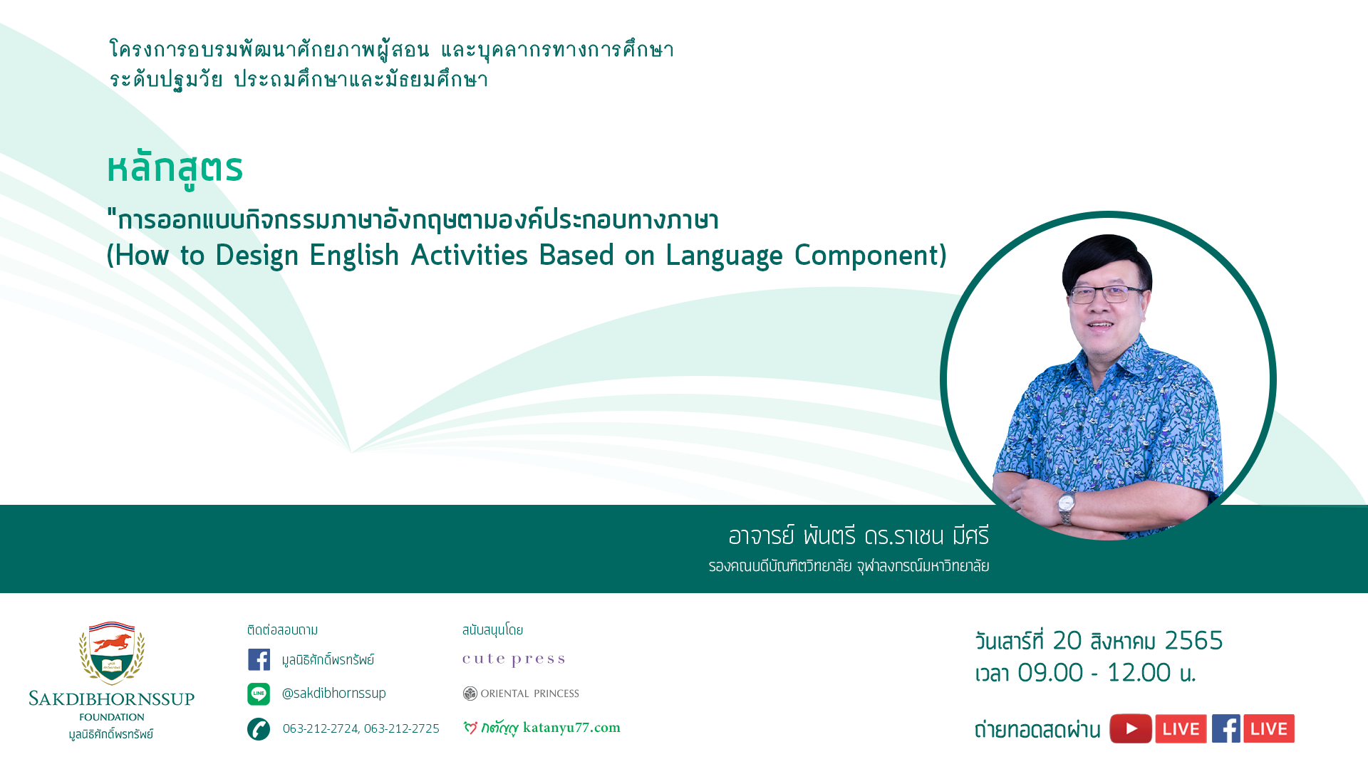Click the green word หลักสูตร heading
175,169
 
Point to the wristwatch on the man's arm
1067,506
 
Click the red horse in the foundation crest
113,642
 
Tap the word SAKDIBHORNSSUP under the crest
112,699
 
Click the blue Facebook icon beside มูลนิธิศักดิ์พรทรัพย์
259,659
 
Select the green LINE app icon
259,694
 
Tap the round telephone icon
259,729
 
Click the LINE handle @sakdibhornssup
334,694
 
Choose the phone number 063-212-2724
321,728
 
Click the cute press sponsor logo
514,659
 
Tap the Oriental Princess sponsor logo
521,694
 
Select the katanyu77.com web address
571,728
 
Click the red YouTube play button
1131,728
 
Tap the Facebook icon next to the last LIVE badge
1226,728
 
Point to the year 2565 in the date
1193,641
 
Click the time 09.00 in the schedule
1050,673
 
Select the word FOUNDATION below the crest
112,717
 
